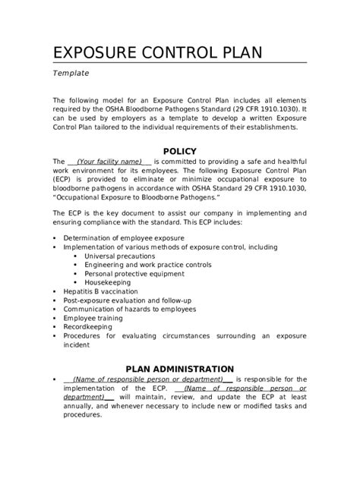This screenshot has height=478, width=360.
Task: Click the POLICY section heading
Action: coord(179,150)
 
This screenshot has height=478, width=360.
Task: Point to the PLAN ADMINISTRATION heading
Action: coord(179,368)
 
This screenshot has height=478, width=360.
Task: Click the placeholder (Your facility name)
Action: coord(110,162)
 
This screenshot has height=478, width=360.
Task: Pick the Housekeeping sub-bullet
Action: coord(109,282)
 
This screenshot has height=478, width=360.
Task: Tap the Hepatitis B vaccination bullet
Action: coord(100,291)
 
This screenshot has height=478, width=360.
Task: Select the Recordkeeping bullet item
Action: coord(87,327)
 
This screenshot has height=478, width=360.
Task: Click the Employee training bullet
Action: coord(93,318)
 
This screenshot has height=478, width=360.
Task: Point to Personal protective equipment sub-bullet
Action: coord(133,273)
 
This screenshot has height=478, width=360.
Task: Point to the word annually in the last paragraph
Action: coord(81,406)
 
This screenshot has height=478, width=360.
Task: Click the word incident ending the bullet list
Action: coord(77,344)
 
